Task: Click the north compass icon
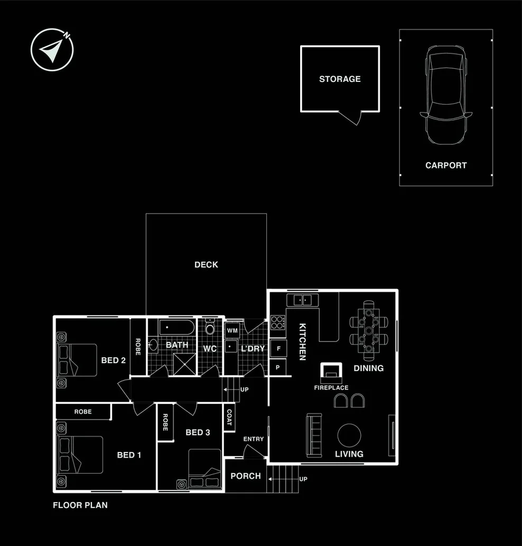click(x=52, y=50)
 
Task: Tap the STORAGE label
click(x=340, y=79)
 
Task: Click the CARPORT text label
click(x=446, y=165)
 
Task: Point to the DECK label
click(x=206, y=265)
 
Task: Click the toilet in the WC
click(x=210, y=329)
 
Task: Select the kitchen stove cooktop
click(x=278, y=322)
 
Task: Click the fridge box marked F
click(x=278, y=349)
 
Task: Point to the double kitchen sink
click(x=303, y=300)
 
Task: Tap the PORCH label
click(x=246, y=476)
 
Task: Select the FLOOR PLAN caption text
click(x=80, y=505)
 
